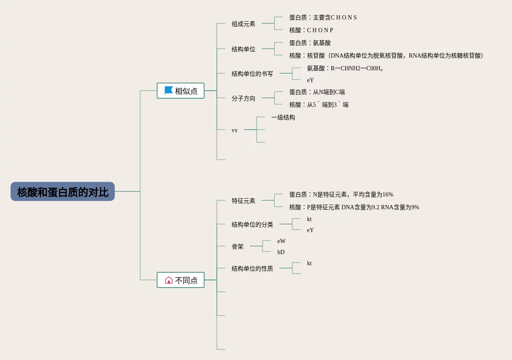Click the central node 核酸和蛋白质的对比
coord(63,192)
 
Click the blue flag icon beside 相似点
coord(169,91)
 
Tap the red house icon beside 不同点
coord(169,280)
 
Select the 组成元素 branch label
coord(244,24)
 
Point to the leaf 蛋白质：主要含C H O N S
coord(323,17)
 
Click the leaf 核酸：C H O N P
coord(311,30)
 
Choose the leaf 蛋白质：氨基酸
coord(310,43)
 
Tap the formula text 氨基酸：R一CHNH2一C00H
coord(345,68)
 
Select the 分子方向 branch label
coord(244,99)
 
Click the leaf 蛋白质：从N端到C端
coord(317,92)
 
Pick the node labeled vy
coord(235,130)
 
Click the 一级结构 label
coord(283,118)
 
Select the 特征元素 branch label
coord(244,201)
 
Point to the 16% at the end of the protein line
coord(387,194)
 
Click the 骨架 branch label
coord(238,246)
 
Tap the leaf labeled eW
coord(282,241)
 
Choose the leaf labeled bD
coord(281,252)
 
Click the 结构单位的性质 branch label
coord(252,269)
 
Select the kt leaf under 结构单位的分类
coord(309,219)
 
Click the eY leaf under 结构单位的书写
coord(310,80)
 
